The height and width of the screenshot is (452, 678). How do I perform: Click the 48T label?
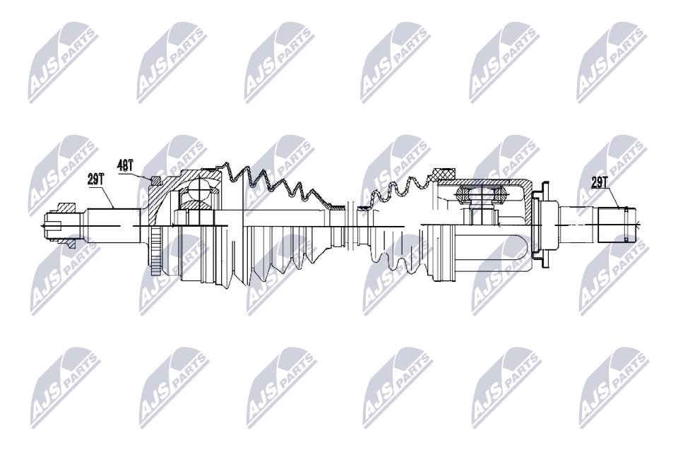pyautogui.click(x=126, y=165)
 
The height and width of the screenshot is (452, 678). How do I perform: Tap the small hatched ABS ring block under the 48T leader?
pyautogui.click(x=155, y=181)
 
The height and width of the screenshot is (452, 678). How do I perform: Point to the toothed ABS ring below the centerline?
pyautogui.click(x=155, y=251)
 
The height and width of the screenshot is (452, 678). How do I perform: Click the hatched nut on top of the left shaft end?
pyautogui.click(x=66, y=208)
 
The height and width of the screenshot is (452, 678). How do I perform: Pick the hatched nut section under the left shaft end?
pyautogui.click(x=69, y=243)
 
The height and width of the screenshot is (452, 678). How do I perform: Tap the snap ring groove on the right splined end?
pyautogui.click(x=626, y=225)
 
